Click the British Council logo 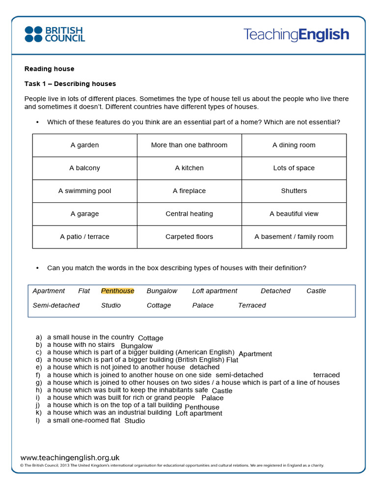coord(54,34)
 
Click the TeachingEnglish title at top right coord(296,34)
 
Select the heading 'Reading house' coord(49,69)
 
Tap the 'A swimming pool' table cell coord(84,191)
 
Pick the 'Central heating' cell coord(189,214)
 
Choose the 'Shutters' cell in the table coord(294,191)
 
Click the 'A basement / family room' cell coord(294,237)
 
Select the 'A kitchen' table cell coord(189,168)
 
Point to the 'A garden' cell coord(84,145)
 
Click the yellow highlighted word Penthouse coord(117,291)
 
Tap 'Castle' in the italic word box coord(316,291)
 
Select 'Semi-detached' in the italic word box coord(56,305)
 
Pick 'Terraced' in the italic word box coord(252,305)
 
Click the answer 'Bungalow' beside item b coord(136,346)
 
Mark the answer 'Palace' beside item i coord(213,398)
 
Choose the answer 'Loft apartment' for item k coord(199,413)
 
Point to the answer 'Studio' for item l coord(135,421)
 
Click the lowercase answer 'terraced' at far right coord(326,375)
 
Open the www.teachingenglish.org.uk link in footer coord(70,457)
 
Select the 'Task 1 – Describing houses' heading coord(70,84)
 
